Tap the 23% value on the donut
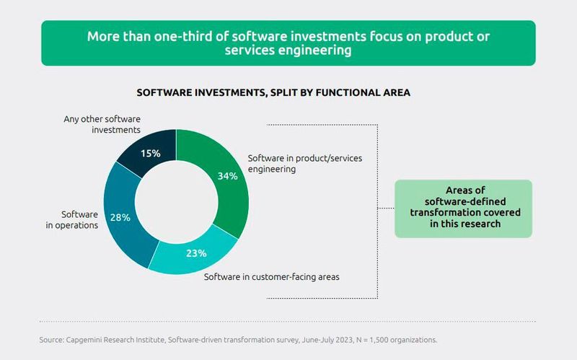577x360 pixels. coord(196,253)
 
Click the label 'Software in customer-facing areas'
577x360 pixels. coord(273,277)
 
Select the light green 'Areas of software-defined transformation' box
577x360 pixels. coord(462,208)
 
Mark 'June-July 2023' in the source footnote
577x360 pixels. coord(320,338)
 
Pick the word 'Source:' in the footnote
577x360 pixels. coord(53,338)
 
